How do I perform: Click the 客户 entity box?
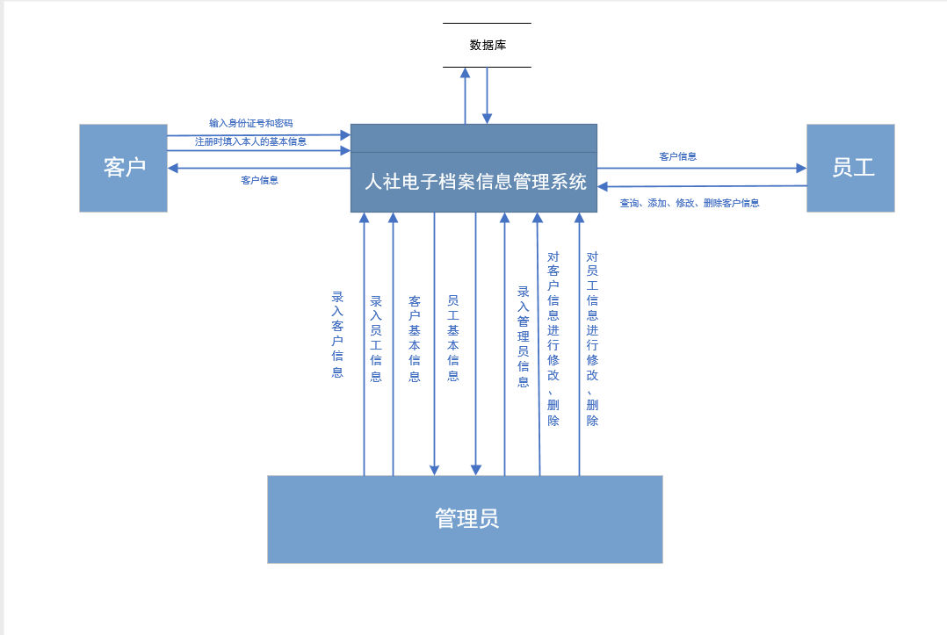[x=123, y=168]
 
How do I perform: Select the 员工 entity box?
[x=850, y=168]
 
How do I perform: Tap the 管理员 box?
[x=465, y=519]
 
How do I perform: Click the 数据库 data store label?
[x=488, y=45]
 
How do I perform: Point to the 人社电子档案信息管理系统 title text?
[x=475, y=183]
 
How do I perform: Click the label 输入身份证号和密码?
[x=251, y=123]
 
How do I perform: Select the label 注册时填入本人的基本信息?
[x=251, y=141]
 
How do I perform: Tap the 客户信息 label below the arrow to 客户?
[x=259, y=180]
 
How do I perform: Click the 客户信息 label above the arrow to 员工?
[x=677, y=156]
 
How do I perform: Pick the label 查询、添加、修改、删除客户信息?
[x=690, y=203]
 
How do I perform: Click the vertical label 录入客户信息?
[x=337, y=335]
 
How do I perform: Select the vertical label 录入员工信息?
[x=376, y=338]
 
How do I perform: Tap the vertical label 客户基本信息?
[x=415, y=338]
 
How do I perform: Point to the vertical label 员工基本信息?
[x=453, y=338]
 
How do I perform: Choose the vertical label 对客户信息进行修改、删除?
[x=553, y=338]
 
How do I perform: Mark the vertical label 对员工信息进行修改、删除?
[x=592, y=338]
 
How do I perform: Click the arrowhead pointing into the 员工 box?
[x=800, y=168]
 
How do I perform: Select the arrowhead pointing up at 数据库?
[x=466, y=73]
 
